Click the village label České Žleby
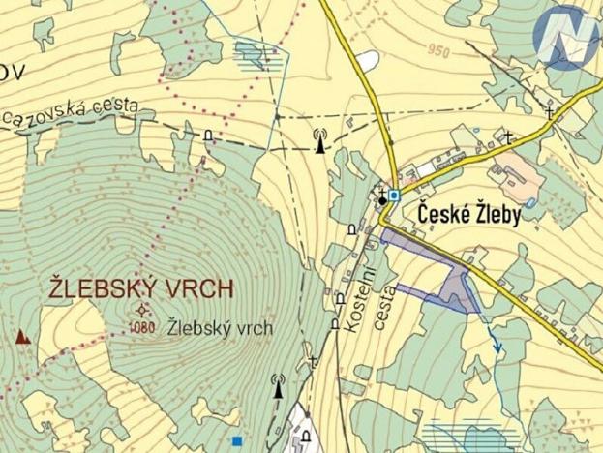tap(469, 215)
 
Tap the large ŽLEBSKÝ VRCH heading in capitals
tap(141, 288)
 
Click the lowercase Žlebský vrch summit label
tap(219, 328)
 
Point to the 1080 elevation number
tap(142, 326)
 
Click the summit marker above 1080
tap(143, 310)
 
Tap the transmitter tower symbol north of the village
tap(320, 142)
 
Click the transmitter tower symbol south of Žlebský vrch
tap(279, 387)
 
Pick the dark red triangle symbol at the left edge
tap(21, 338)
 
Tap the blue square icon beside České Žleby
tap(395, 196)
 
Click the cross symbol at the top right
tap(550, 113)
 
